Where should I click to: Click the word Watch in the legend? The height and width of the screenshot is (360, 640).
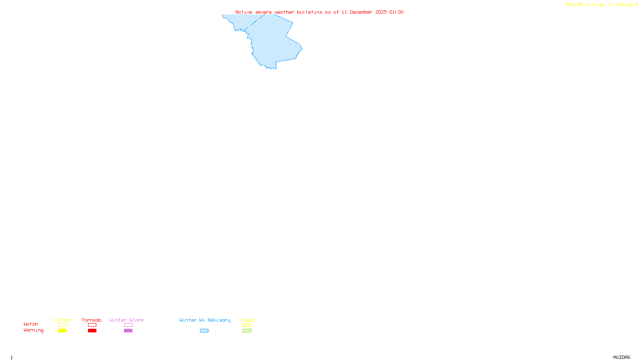(x=31, y=324)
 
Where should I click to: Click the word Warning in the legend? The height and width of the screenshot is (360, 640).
(x=34, y=330)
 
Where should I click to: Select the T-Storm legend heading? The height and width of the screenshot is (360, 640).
(x=62, y=320)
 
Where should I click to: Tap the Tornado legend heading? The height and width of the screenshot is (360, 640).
(x=92, y=320)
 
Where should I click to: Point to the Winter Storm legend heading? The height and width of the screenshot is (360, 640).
(x=126, y=320)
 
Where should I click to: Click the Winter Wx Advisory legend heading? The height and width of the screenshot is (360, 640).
(x=205, y=320)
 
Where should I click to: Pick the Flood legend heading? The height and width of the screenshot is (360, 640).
(x=247, y=320)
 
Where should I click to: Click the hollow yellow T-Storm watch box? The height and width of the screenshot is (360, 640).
(x=62, y=325)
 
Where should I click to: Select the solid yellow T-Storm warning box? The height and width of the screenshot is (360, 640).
(x=62, y=331)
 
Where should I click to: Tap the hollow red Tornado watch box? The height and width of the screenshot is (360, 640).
(x=92, y=325)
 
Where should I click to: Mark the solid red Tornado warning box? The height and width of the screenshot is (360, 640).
(x=92, y=331)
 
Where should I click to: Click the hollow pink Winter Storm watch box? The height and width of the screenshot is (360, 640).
(x=128, y=325)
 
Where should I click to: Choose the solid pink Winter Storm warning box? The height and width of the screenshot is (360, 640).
(x=128, y=331)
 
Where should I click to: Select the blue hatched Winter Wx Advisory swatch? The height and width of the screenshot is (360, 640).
(x=204, y=331)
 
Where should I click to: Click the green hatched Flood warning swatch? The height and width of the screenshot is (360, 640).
(x=247, y=331)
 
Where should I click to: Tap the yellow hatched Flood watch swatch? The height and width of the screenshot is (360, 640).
(x=247, y=325)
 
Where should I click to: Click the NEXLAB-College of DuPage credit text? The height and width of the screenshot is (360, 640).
(x=600, y=4)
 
